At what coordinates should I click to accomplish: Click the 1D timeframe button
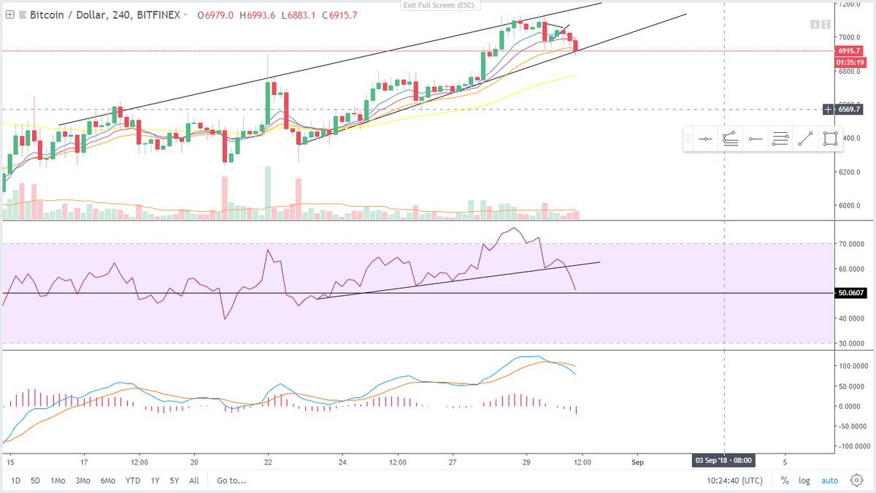click(x=15, y=481)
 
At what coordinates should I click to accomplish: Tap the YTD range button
click(x=132, y=481)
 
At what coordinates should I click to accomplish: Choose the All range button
click(x=193, y=481)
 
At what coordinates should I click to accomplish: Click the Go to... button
click(x=231, y=481)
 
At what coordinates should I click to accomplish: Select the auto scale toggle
click(x=829, y=481)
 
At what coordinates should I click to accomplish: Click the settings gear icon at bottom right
click(x=856, y=481)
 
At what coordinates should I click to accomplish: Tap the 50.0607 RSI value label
click(x=852, y=293)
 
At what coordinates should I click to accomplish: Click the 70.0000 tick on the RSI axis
click(x=852, y=244)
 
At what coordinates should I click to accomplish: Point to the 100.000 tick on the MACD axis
click(x=852, y=365)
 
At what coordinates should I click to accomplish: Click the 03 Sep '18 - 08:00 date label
click(x=723, y=461)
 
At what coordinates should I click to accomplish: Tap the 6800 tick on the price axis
click(x=848, y=72)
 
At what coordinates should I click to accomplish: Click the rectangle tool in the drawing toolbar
click(x=829, y=139)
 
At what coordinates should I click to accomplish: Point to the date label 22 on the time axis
click(x=268, y=462)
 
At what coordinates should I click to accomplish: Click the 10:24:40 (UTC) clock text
click(x=736, y=481)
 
